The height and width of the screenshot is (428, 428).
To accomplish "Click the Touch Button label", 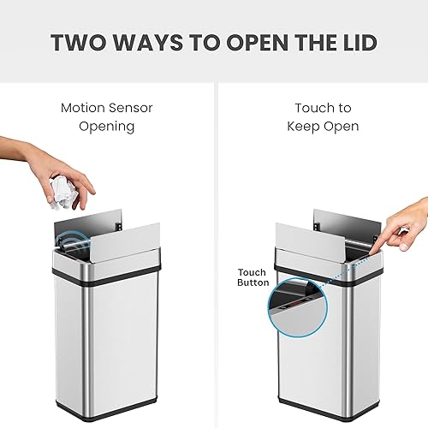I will coord(253,276).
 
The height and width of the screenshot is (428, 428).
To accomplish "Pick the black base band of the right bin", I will coord(325,402).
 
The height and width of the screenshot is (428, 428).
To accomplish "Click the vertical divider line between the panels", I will coord(214,257).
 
